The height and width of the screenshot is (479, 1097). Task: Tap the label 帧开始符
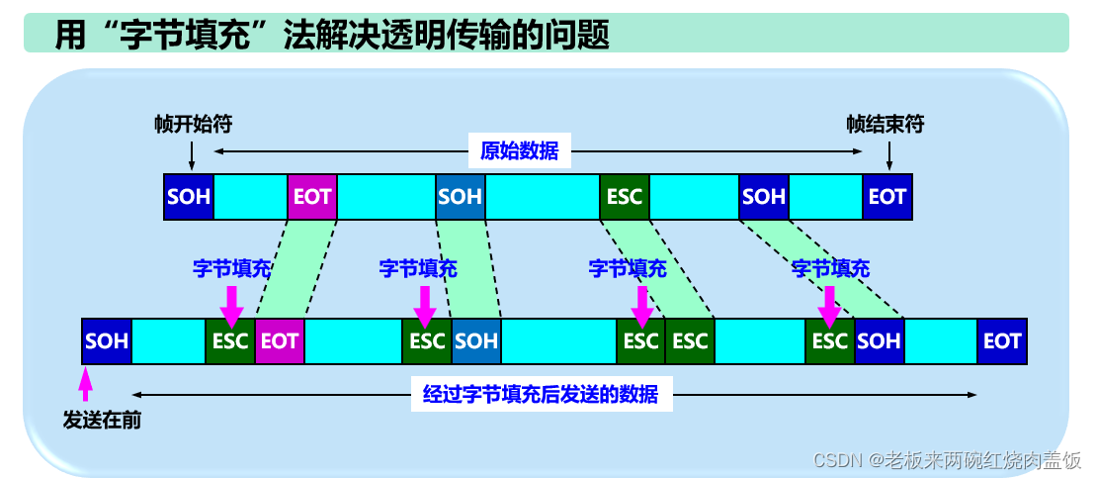[193, 124]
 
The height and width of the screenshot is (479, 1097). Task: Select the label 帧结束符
[886, 124]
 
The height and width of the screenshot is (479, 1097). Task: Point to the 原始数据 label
[519, 151]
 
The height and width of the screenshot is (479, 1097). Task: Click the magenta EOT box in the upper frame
[312, 196]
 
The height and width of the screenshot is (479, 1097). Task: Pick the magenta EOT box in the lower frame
[279, 341]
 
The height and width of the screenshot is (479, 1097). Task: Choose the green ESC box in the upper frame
[625, 196]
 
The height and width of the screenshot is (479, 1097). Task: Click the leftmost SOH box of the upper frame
[189, 196]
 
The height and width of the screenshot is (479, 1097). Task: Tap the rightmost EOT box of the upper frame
[886, 196]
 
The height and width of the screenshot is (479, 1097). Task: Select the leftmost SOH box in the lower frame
[107, 341]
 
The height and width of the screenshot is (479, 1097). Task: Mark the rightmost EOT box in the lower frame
[1002, 341]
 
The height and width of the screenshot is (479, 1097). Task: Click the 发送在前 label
[102, 421]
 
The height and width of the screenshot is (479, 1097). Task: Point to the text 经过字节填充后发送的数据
[541, 395]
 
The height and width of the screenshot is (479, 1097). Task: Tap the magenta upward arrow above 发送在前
[85, 382]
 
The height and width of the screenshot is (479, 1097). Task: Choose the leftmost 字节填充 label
[231, 268]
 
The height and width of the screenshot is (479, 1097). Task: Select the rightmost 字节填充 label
[830, 268]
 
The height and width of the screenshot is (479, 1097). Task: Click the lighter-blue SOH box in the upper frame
[460, 196]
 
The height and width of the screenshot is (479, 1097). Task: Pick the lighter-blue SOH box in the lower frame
[476, 341]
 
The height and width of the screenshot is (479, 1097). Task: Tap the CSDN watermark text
[947, 460]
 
